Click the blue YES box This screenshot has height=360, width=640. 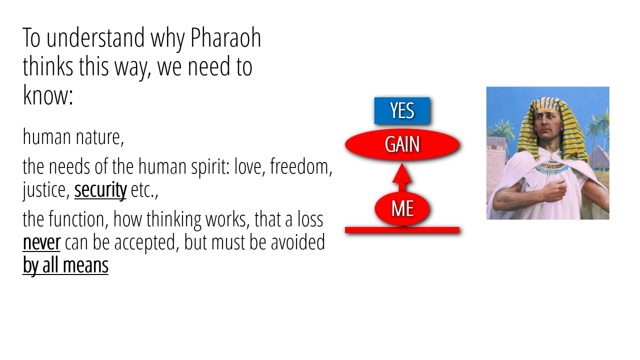[x=402, y=110]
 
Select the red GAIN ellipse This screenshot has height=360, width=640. [x=402, y=144]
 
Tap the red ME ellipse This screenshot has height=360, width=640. [x=402, y=208]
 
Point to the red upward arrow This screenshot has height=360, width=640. [x=402, y=177]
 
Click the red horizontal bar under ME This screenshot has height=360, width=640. [x=402, y=229]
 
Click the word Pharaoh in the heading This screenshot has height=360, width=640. [x=225, y=37]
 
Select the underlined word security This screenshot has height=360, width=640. [x=100, y=189]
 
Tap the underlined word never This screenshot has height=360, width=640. [x=41, y=242]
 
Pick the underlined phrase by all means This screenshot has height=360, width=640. [x=65, y=265]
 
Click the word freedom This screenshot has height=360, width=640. [x=301, y=166]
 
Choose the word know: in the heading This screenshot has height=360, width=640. [x=47, y=95]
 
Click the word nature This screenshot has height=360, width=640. [x=99, y=137]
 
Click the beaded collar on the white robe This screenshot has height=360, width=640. [x=551, y=167]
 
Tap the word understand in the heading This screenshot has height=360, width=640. [x=95, y=37]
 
